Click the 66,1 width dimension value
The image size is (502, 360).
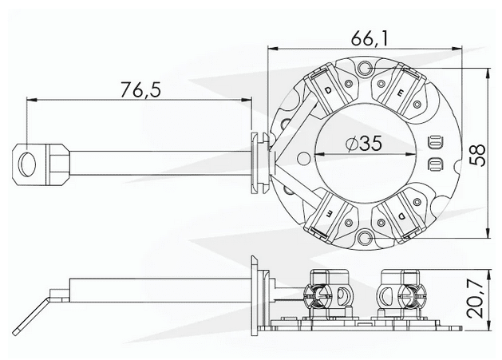[364, 37]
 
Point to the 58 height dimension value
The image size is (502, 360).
[477, 153]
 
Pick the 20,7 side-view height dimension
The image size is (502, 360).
[477, 296]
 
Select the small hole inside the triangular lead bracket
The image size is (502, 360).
[288, 164]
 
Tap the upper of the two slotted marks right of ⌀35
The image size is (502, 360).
[434, 144]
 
